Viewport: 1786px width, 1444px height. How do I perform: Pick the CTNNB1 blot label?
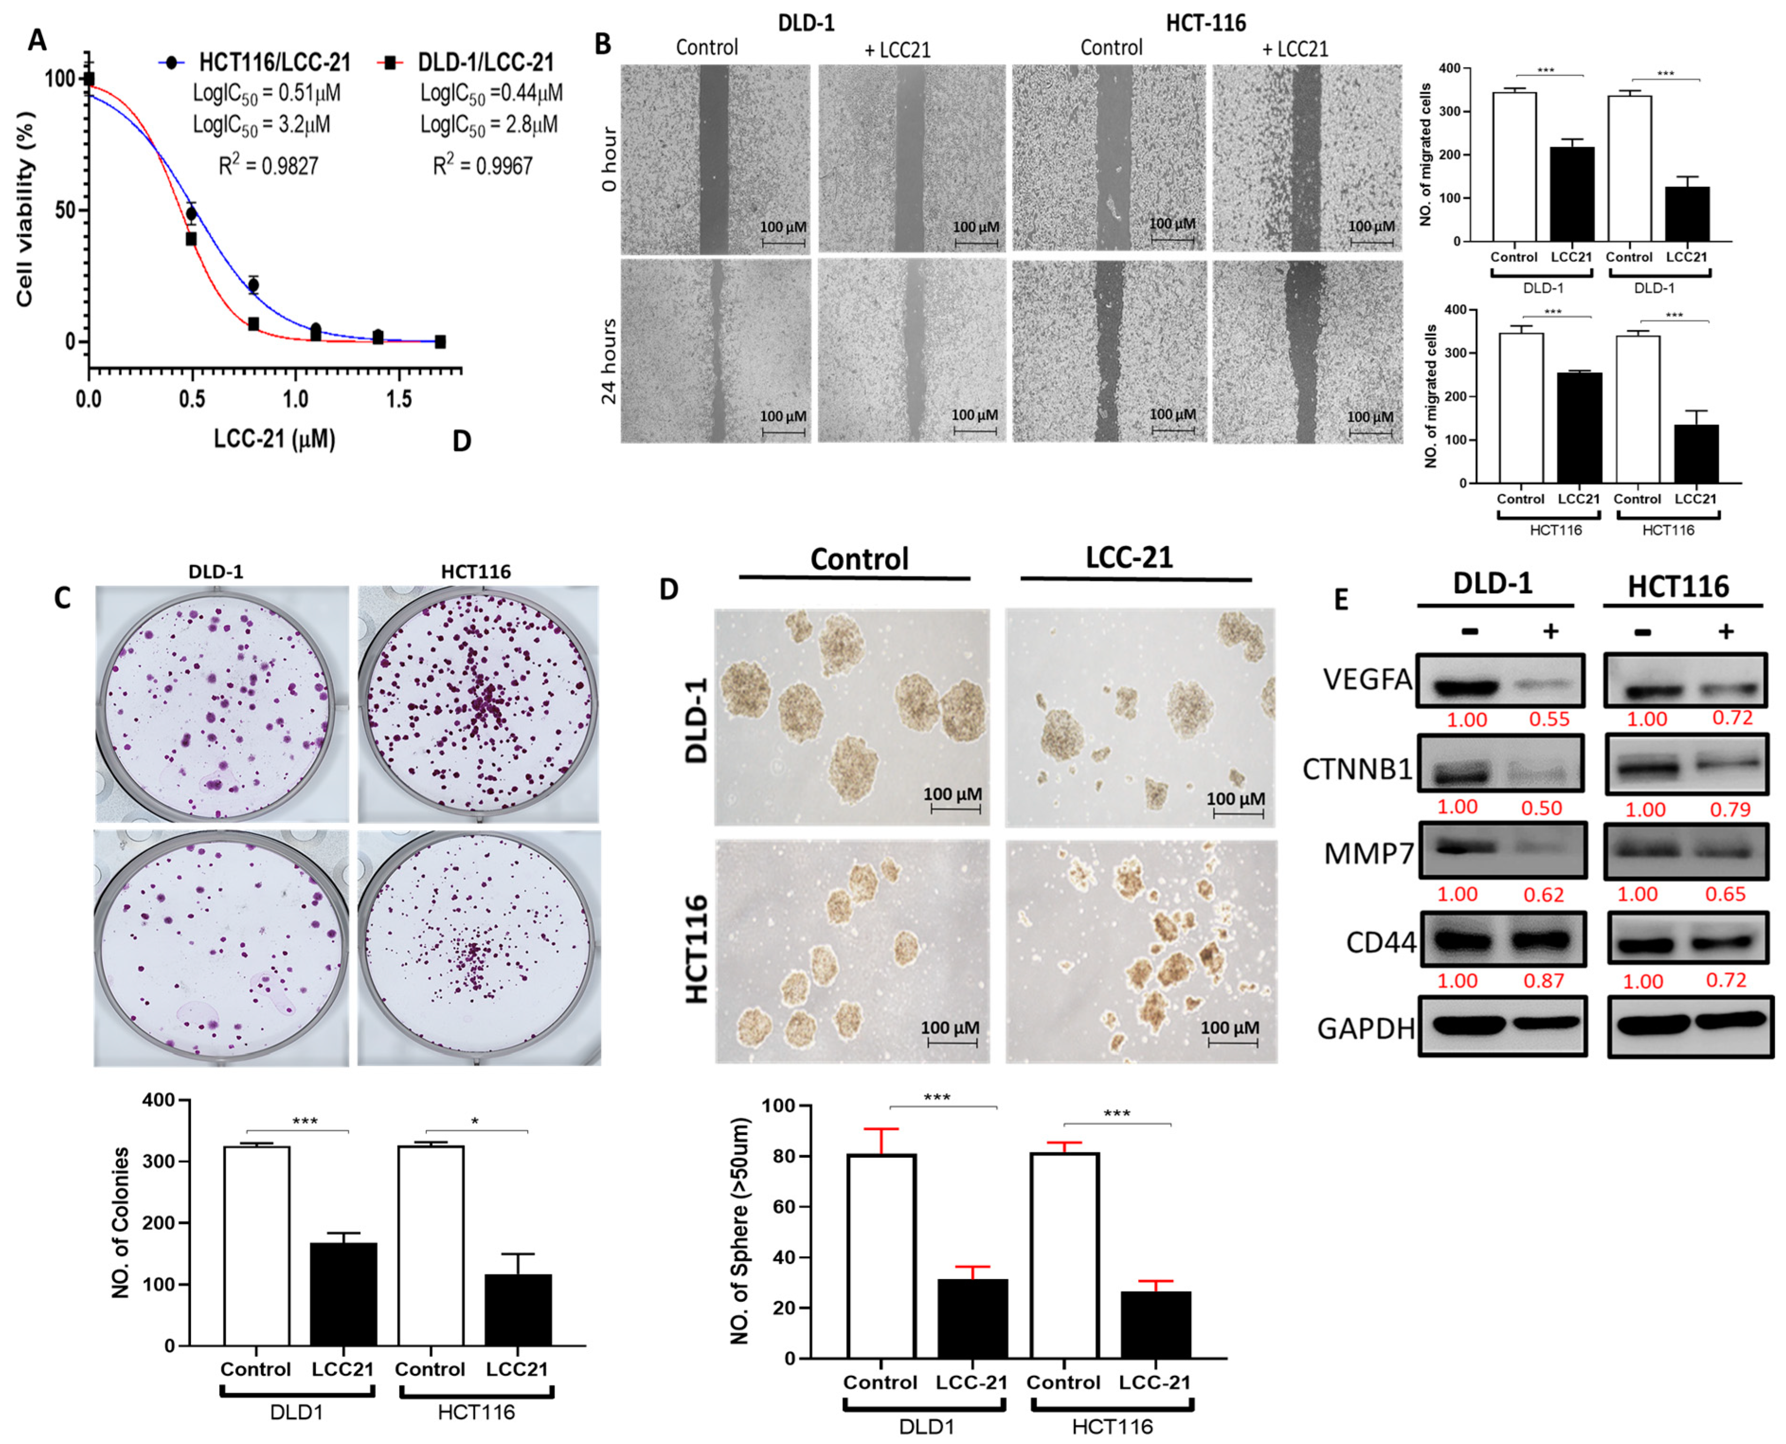(x=1357, y=770)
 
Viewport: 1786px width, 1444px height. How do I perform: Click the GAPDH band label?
(x=1366, y=1029)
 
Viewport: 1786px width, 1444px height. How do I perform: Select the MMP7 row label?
(x=1368, y=853)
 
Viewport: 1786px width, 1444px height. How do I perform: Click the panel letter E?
(x=1340, y=600)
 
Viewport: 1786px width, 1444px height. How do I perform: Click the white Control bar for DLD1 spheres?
(x=881, y=1256)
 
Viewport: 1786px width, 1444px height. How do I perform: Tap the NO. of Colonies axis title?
(x=121, y=1223)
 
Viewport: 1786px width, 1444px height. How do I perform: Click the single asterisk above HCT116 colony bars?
(x=475, y=1121)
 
